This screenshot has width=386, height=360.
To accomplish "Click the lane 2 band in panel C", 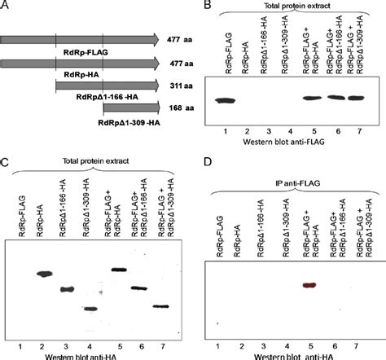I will click(x=45, y=274).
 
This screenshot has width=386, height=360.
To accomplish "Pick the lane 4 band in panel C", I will click(x=91, y=308).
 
